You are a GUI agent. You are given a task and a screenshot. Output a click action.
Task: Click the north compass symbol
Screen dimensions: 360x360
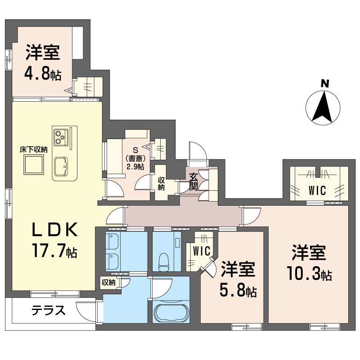pos(323,108)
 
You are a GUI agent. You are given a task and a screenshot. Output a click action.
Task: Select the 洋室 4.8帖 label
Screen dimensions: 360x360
pos(42,63)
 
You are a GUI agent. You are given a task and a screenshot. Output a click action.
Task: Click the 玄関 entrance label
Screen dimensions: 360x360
pos(193,181)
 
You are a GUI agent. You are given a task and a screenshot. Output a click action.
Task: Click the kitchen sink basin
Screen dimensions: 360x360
pos(61,167)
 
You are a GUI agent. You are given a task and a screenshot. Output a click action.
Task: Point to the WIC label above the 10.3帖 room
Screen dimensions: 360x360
pos(318,190)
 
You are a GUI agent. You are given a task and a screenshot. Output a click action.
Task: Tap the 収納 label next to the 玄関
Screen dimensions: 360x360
pos(161,183)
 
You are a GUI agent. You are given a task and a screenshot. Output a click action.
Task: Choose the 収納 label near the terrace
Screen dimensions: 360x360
pos(108,283)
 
